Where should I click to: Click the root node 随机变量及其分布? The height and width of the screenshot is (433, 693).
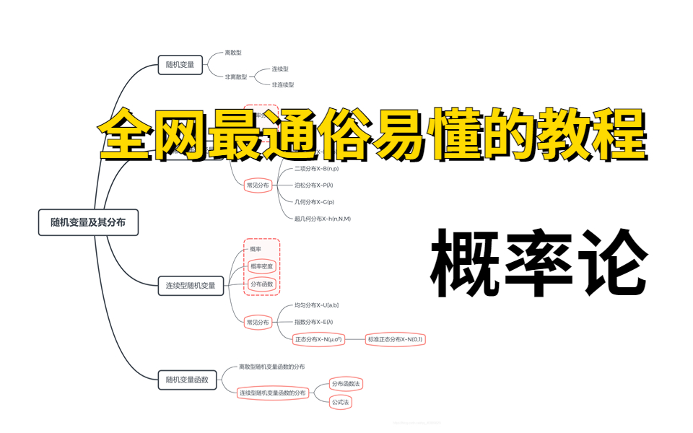pyautogui.click(x=88, y=223)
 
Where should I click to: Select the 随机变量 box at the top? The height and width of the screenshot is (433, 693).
pyautogui.click(x=179, y=65)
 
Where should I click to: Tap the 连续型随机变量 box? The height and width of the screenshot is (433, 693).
pyautogui.click(x=191, y=286)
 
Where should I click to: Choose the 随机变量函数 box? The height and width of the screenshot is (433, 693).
pyautogui.click(x=187, y=379)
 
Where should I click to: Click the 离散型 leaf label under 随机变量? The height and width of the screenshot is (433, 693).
pyautogui.click(x=233, y=53)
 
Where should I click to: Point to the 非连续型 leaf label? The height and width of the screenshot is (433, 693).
pyautogui.click(x=283, y=85)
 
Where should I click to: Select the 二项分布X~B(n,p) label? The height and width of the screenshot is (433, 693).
pyautogui.click(x=316, y=169)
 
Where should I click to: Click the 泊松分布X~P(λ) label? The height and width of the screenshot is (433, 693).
pyautogui.click(x=313, y=185)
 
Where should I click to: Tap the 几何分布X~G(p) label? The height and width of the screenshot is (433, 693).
pyautogui.click(x=314, y=202)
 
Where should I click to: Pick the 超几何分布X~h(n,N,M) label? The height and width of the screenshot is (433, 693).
pyautogui.click(x=322, y=219)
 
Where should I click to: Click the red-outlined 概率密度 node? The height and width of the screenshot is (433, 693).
pyautogui.click(x=262, y=267)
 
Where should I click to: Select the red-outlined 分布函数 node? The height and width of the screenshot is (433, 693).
pyautogui.click(x=261, y=285)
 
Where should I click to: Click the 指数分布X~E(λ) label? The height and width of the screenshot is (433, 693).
pyautogui.click(x=313, y=322)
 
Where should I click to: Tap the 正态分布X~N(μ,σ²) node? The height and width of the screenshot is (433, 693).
pyautogui.click(x=318, y=339)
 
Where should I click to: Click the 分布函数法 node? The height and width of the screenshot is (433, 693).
pyautogui.click(x=345, y=384)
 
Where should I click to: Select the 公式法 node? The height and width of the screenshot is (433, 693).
pyautogui.click(x=340, y=401)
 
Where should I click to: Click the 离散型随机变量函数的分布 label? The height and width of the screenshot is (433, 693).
pyautogui.click(x=271, y=367)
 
